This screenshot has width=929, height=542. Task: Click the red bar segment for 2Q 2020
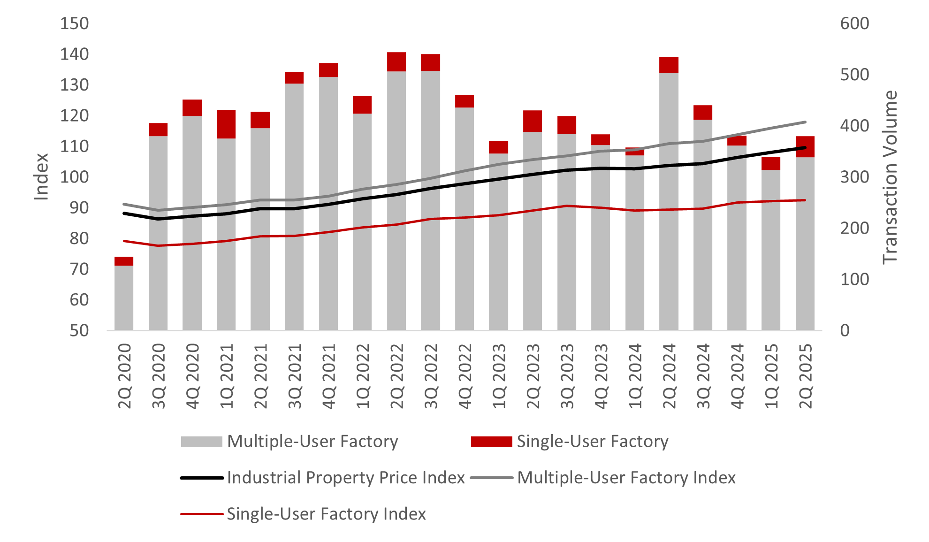[x=124, y=261]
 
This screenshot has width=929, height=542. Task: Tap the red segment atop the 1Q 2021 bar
[x=226, y=124]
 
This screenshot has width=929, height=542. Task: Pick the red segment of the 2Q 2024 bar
[x=669, y=65]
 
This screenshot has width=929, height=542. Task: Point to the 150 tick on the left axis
[x=74, y=23]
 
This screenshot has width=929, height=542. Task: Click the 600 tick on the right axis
[x=854, y=23]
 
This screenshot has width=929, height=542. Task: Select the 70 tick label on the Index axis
[x=79, y=269]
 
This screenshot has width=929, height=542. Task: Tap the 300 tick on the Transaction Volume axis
[x=854, y=177]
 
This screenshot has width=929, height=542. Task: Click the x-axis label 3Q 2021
[x=295, y=376]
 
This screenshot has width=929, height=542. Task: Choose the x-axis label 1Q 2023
[x=499, y=376]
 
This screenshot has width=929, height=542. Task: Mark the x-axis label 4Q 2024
[x=737, y=376]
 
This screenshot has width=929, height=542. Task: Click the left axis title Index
[x=41, y=177]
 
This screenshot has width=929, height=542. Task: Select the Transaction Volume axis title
[x=890, y=177]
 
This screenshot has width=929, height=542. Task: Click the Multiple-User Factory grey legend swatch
[x=201, y=442]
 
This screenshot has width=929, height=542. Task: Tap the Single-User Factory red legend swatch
[x=491, y=442]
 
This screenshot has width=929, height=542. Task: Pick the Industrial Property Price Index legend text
[x=346, y=478]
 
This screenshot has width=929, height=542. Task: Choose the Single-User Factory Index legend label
[x=326, y=514]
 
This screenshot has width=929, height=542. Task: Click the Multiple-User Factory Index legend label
[x=626, y=478]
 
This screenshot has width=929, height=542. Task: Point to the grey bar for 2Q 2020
[x=124, y=298]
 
